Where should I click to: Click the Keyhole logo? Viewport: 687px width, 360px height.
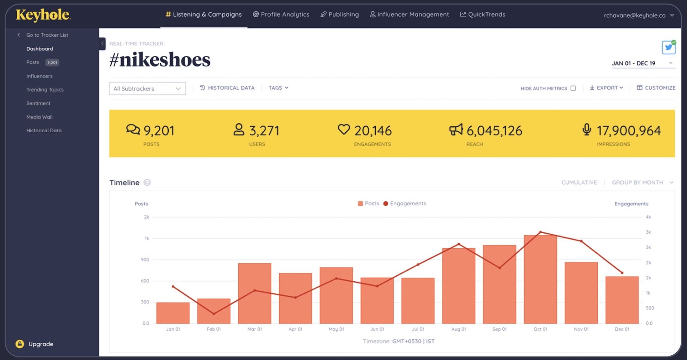point(43,15)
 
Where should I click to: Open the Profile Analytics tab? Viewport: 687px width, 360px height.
point(281,14)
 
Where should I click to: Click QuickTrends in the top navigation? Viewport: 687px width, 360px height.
point(483,14)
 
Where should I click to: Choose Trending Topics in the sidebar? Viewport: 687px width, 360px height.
point(45,90)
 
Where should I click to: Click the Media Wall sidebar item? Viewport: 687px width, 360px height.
point(39,117)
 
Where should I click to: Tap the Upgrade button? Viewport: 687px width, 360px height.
point(35,344)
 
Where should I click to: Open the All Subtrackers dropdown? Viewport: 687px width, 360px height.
point(147,88)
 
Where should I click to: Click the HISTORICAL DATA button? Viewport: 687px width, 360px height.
point(227,88)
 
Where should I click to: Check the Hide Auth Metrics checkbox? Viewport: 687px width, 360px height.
point(573,88)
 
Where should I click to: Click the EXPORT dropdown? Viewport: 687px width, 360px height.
point(606,88)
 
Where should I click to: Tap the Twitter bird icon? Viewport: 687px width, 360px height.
point(668,47)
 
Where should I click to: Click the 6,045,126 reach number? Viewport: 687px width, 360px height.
point(494,131)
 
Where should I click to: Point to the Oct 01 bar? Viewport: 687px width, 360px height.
point(540,279)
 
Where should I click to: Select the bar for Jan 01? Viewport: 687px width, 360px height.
point(173,313)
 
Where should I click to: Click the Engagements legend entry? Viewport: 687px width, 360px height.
point(404,204)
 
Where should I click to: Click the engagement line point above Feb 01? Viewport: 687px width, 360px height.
point(214,314)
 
